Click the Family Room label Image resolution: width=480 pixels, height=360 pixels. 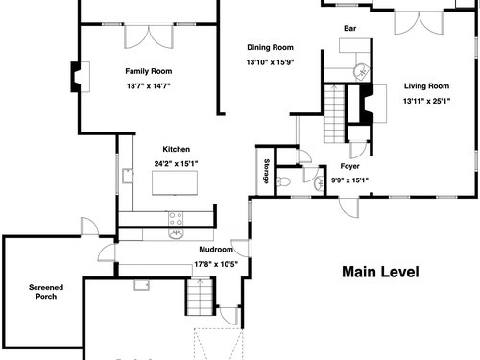pos(149,71)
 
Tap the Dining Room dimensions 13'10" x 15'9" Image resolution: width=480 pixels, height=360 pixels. pos(270,62)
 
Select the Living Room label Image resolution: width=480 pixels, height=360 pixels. pos(426,86)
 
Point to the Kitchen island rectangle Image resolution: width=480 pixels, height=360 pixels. pos(175,182)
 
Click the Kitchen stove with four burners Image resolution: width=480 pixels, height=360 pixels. pos(176,219)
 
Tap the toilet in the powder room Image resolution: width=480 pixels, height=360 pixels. pos(283,182)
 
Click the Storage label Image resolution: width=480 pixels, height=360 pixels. pos(266,171)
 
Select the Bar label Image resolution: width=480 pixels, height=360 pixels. pos(350,28)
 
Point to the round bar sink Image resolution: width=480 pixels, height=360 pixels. pos(361,71)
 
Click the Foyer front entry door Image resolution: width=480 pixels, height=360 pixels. pos(348,208)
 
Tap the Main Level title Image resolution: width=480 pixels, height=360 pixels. pos(380,272)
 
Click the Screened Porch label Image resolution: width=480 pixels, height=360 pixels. pos(46,292)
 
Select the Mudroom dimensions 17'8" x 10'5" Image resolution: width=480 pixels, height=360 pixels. pos(216,264)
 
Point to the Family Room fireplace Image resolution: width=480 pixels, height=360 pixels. pos(80,77)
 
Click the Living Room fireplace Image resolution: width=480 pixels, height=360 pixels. pos(372,104)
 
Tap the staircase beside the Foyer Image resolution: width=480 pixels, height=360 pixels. pos(334,113)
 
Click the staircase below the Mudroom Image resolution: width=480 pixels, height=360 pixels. pos(200,297)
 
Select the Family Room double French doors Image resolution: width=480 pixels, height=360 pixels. pos(149,36)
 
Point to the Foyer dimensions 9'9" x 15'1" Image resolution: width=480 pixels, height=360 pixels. pos(349,180)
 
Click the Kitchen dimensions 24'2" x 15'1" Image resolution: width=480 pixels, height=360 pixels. pos(176,164)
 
